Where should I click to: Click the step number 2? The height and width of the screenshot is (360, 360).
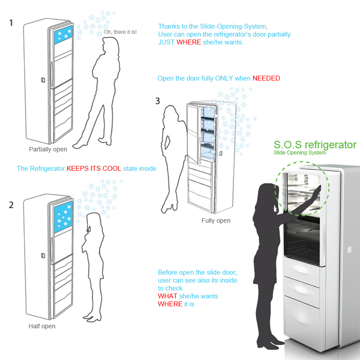[x=11, y=205]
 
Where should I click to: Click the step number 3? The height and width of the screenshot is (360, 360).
[x=158, y=101]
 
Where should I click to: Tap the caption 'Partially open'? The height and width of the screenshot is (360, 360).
[x=48, y=149]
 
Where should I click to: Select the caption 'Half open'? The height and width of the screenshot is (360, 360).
[x=42, y=326]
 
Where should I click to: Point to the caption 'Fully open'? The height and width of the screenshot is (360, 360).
[x=216, y=220]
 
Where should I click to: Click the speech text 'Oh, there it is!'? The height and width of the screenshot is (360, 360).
[x=120, y=32]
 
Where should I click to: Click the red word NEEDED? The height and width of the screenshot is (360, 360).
[x=266, y=78]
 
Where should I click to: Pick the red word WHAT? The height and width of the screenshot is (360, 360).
[x=168, y=296]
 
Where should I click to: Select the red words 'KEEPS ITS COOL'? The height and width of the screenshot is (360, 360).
[x=94, y=169]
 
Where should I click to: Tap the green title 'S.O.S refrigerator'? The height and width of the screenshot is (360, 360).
[x=315, y=145]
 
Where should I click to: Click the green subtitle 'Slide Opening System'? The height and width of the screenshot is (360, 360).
[x=299, y=153]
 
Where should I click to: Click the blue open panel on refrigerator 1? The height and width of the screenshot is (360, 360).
[x=62, y=34]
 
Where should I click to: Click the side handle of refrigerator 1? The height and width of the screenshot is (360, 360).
[x=43, y=80]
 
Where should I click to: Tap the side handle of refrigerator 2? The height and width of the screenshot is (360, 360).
[x=43, y=255]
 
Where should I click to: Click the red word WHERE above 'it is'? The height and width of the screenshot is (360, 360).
[x=170, y=304]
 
